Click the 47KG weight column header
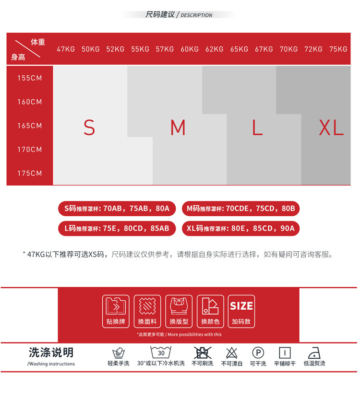coord(66,49)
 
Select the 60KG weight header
coord(190,49)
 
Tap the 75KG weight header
coord(338,49)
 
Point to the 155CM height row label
coord(30,78)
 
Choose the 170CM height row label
coord(30,150)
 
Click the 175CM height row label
coord(30,173)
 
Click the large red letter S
coord(89,128)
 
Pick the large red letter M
coord(178,128)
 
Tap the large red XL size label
coord(331,128)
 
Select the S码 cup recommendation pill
coord(117,209)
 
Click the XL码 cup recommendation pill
coord(240,228)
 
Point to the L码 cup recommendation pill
coord(117,228)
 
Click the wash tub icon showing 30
coord(161,352)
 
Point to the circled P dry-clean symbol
coord(258,353)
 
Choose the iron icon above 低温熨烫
coord(314,352)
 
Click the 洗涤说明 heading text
coord(51,353)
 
